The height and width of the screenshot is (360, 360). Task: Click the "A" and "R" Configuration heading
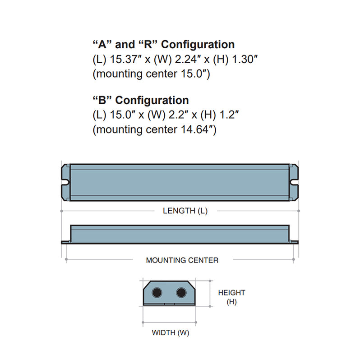pos(163,44)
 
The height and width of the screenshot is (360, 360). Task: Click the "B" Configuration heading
pos(140,100)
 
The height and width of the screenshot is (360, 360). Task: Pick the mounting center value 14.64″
pos(195,129)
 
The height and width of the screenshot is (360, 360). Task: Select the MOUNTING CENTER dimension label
pos(182,260)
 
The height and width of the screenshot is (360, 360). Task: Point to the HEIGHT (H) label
pos(231,297)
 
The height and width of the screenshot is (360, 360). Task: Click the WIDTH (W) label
pos(170,333)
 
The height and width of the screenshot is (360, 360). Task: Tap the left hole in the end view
pos(158,293)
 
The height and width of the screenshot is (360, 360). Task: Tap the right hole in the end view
pos(181,293)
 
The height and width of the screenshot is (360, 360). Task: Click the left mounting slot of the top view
pos(65,183)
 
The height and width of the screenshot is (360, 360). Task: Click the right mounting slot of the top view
pos(295,183)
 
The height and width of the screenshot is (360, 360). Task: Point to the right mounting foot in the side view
pos(295,243)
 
